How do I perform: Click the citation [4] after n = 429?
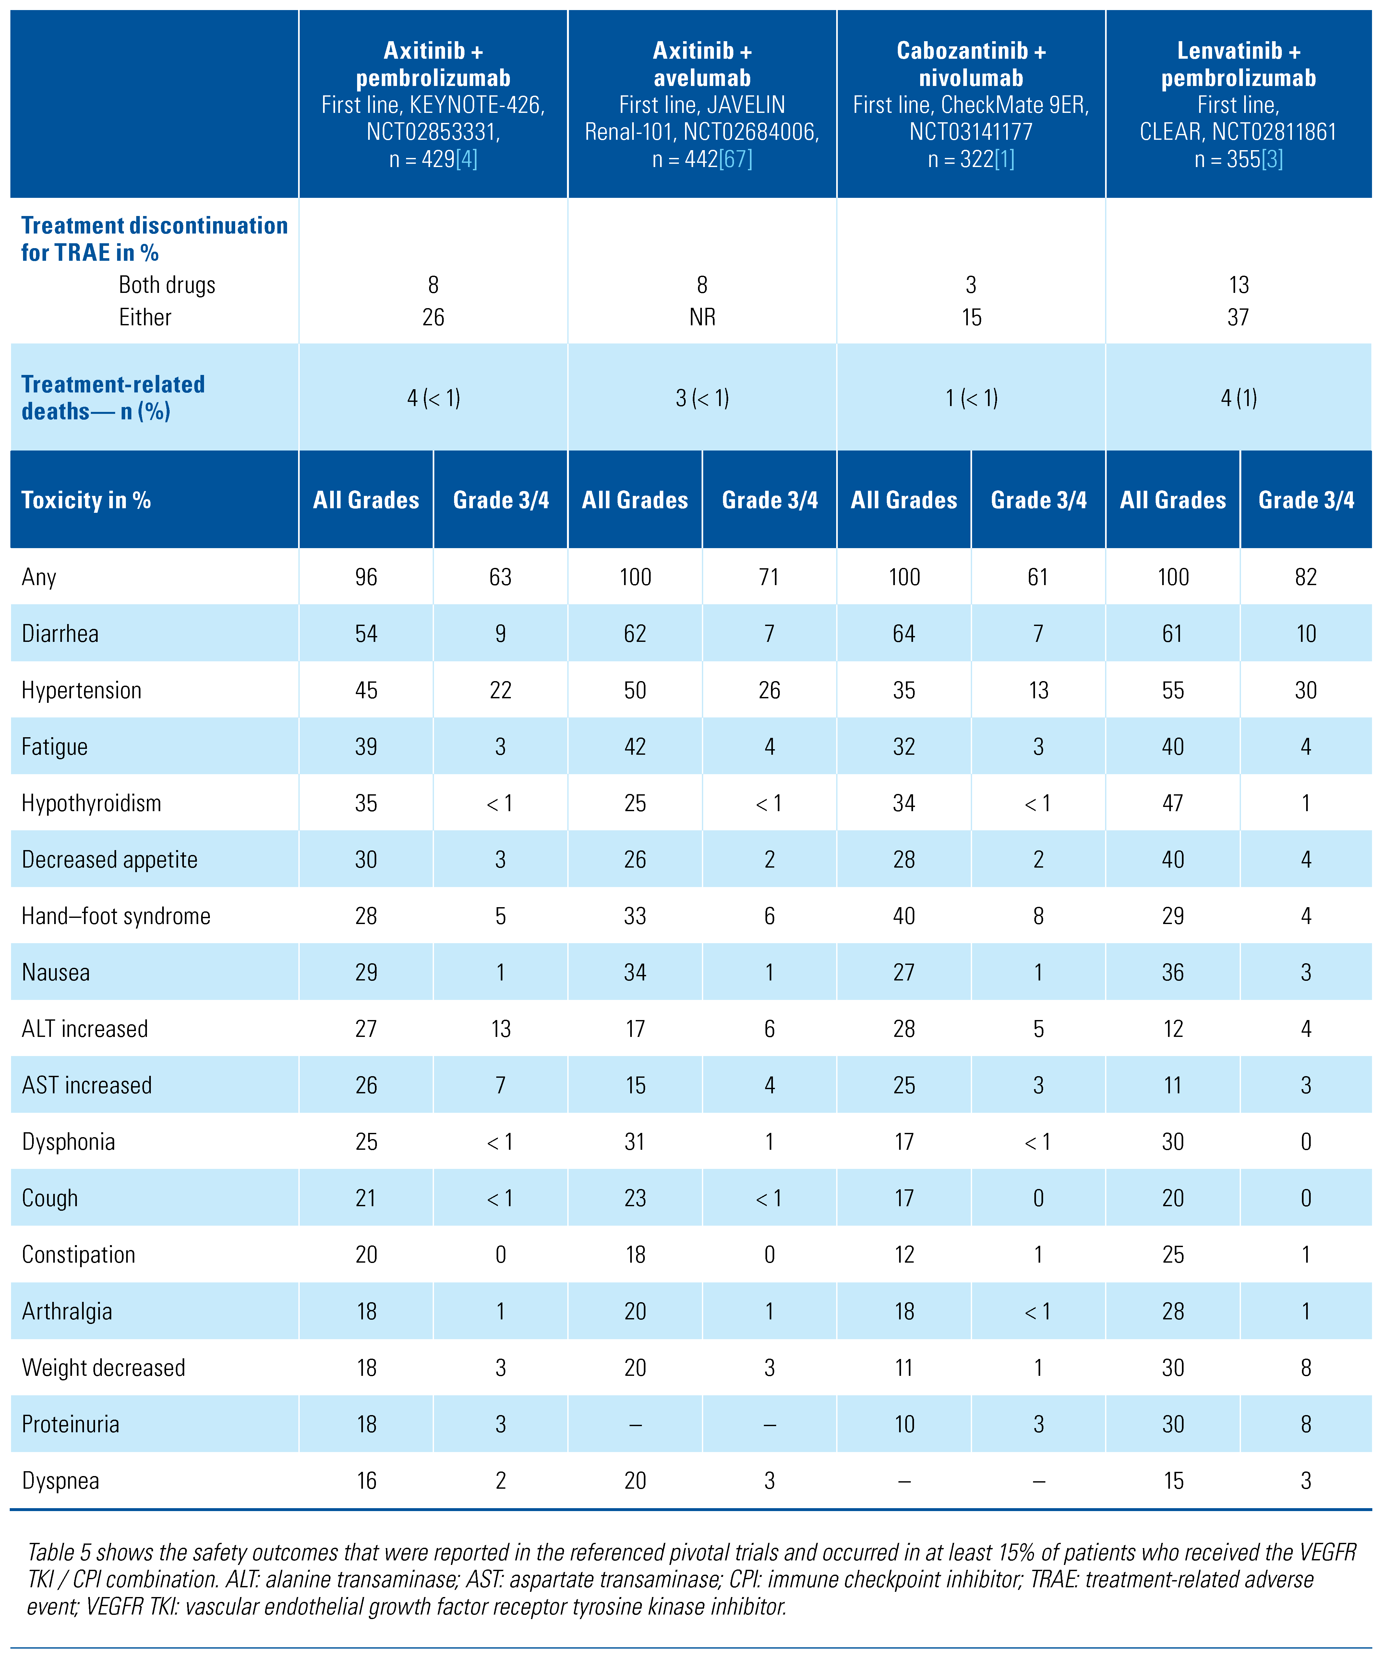tap(467, 160)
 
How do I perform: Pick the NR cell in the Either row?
tap(702, 318)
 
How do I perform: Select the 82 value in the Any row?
tap(1306, 577)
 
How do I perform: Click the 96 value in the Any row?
tap(366, 577)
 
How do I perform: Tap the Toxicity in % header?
tap(86, 500)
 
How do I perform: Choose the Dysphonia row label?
tap(69, 1142)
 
